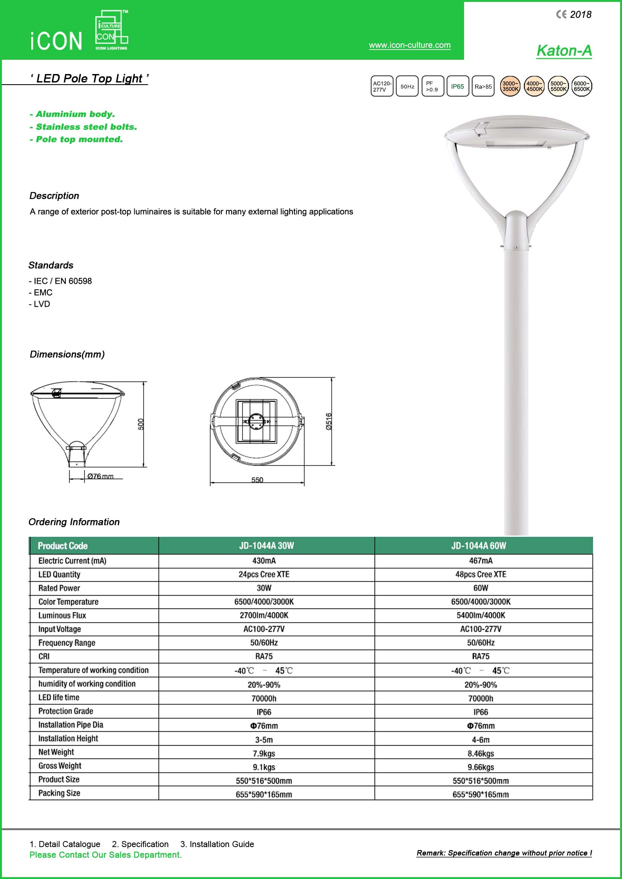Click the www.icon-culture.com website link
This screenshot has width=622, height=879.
(x=410, y=45)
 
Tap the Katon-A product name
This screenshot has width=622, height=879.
(x=564, y=50)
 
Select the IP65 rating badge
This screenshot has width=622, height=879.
(x=457, y=86)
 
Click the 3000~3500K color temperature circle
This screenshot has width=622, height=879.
(x=510, y=86)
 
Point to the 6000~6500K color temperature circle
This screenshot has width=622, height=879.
(x=581, y=86)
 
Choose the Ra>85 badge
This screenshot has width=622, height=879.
(x=483, y=86)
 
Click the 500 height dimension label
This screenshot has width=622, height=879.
(x=141, y=424)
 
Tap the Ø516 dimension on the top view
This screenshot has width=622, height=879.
(x=329, y=421)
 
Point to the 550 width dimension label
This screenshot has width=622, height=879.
(x=257, y=480)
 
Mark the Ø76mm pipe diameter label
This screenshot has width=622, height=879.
(x=100, y=476)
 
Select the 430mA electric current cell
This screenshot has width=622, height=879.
(x=264, y=561)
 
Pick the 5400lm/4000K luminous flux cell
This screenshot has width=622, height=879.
(x=481, y=615)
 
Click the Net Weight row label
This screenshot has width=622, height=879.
(x=56, y=752)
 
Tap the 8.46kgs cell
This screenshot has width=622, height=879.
(x=481, y=753)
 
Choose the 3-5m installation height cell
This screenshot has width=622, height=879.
(x=264, y=740)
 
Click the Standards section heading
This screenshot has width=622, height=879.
(x=51, y=265)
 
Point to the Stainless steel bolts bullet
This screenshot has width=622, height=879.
(x=83, y=127)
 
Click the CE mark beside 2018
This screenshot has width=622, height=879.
(x=561, y=15)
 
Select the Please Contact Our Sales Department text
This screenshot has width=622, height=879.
(x=106, y=855)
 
